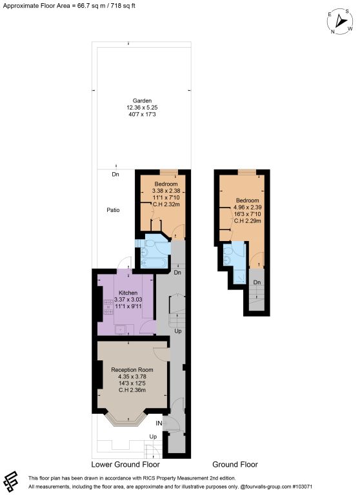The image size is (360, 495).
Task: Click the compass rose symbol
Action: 340,21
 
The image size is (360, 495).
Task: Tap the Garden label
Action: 142,101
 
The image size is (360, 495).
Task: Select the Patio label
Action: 113,210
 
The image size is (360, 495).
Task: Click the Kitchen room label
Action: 128,293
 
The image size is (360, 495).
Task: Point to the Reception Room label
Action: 132,370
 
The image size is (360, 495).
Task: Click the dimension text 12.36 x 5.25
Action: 142,108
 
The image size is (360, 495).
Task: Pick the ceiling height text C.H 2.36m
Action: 132,390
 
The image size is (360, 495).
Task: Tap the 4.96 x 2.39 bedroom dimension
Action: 248,208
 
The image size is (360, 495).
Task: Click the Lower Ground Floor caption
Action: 125,464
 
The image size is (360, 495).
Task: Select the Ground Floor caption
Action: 235,464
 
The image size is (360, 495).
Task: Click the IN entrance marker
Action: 159,423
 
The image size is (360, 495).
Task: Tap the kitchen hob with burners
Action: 108,307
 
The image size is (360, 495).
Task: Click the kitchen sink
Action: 121,329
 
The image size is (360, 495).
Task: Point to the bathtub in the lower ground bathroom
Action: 154,263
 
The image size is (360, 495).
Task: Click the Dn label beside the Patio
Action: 115,174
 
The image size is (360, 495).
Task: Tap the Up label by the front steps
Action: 153,436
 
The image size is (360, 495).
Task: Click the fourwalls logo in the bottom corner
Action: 12,482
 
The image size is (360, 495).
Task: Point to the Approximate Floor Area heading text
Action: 69,6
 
